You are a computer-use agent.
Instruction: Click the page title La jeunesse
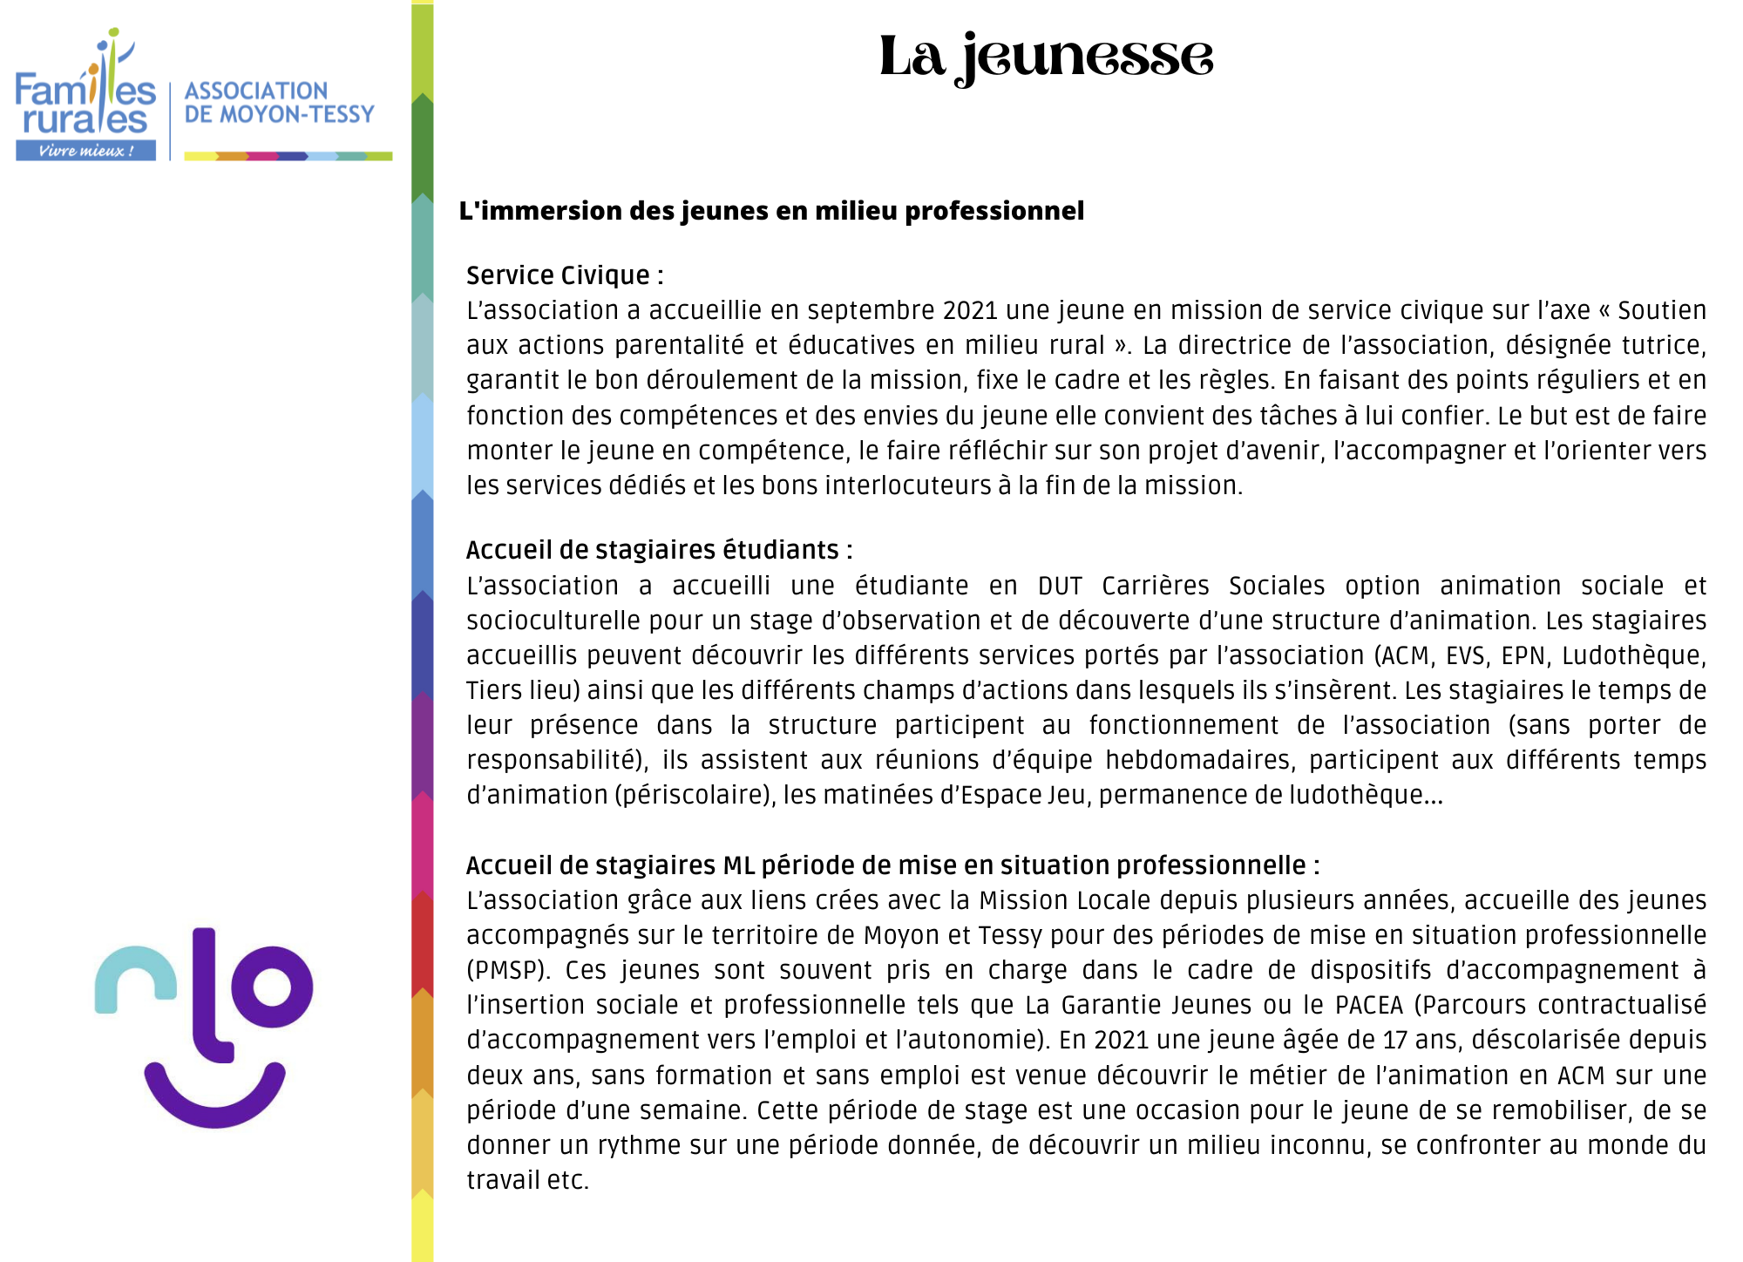pyautogui.click(x=1046, y=57)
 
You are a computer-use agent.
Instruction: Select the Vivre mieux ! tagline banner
pyautogui.click(x=85, y=151)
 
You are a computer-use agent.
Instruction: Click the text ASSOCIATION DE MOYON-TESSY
pyautogui.click(x=279, y=103)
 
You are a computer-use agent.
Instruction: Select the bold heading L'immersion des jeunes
pyautogui.click(x=771, y=211)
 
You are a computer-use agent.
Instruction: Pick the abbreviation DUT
pyautogui.click(x=1059, y=586)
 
